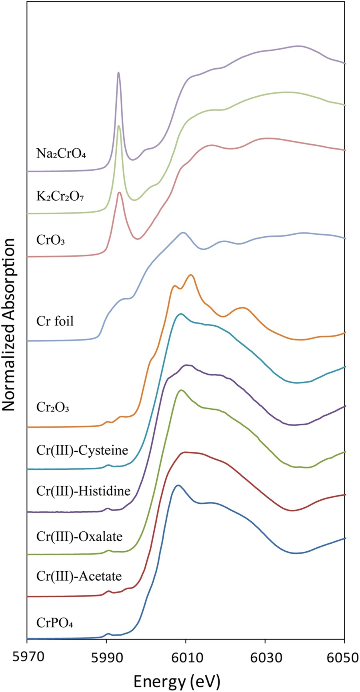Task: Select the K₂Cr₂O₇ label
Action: point(60,196)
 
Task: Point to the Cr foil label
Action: point(55,321)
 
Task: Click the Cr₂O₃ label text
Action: point(53,407)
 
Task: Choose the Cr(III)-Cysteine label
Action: point(82,450)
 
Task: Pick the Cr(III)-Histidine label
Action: point(83,491)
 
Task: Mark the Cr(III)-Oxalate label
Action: point(79,536)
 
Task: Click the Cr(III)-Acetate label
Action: point(79,576)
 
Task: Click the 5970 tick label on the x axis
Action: point(26,657)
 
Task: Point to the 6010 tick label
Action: point(186,657)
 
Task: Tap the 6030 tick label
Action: point(265,657)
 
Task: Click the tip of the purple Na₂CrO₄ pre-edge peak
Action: point(118,73)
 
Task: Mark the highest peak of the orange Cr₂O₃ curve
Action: point(191,275)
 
